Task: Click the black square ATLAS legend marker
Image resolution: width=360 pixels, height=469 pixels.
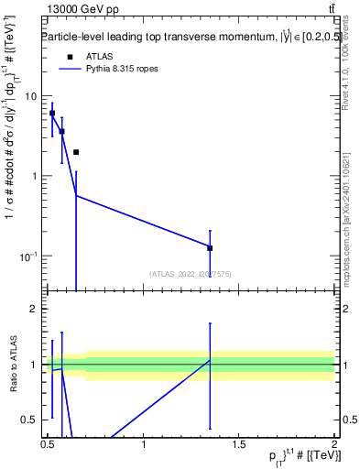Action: point(70,57)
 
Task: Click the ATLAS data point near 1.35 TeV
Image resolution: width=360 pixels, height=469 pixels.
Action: point(210,248)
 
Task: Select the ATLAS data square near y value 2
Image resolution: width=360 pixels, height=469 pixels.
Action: point(76,152)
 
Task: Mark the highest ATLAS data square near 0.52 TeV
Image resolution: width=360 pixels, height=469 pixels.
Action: point(52,114)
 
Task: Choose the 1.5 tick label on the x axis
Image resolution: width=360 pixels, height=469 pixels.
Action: point(239,444)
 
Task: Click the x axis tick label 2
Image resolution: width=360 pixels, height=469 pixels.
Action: point(334,444)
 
